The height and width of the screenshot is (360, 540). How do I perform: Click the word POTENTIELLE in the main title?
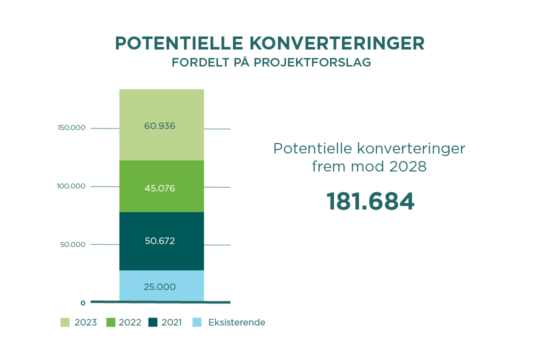point(178,43)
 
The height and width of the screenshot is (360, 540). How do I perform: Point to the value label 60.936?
point(159,126)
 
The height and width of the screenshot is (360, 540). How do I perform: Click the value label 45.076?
point(159,188)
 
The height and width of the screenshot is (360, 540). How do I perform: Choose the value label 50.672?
point(159,241)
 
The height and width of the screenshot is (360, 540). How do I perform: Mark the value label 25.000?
point(159,287)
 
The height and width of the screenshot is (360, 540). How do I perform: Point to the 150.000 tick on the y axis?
point(71,128)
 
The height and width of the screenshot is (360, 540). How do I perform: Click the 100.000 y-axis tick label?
point(71,186)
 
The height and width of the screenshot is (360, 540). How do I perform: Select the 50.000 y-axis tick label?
point(73,244)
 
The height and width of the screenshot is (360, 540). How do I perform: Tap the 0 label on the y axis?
point(83,303)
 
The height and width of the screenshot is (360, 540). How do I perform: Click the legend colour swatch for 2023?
point(65,322)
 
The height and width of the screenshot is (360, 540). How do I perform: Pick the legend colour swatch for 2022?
point(111,322)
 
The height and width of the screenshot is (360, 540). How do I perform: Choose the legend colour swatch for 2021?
point(153,322)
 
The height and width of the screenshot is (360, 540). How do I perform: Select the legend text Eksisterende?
point(236,322)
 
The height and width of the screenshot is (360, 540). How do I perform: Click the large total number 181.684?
point(370,201)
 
